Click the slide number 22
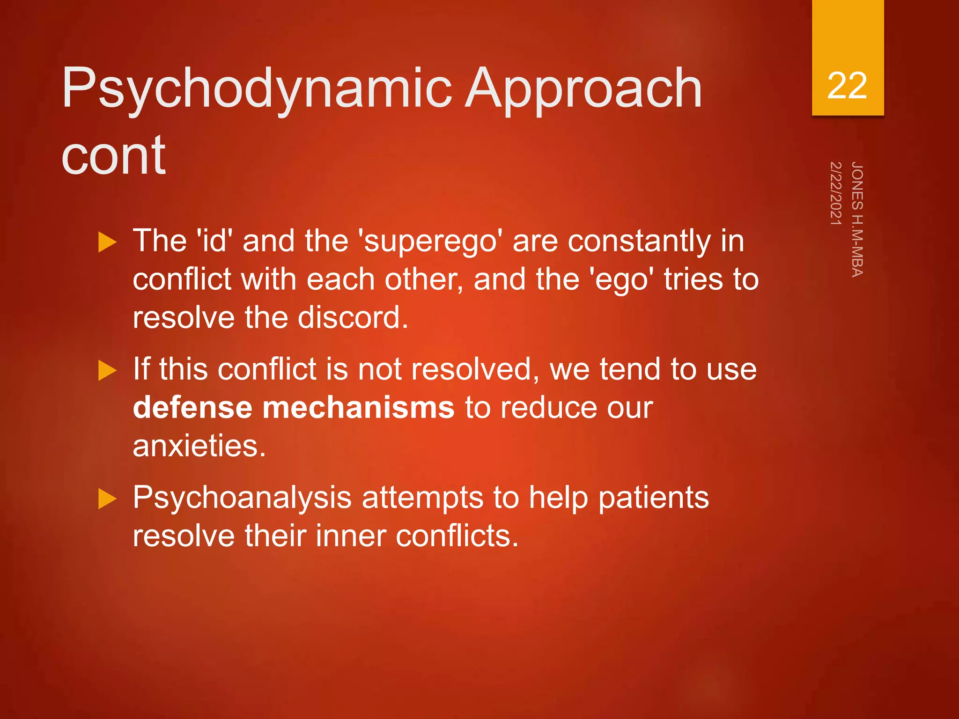tap(847, 86)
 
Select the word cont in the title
tap(113, 154)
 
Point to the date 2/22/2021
tap(836, 193)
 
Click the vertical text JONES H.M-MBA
tap(857, 219)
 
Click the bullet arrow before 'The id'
tap(107, 243)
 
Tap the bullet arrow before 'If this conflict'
tap(107, 371)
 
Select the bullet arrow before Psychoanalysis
tap(107, 499)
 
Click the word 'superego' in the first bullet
tap(430, 242)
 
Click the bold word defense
tap(192, 407)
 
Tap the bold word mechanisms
tap(358, 407)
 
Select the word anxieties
tap(199, 446)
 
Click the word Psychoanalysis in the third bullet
tap(242, 498)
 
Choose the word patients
tap(653, 498)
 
